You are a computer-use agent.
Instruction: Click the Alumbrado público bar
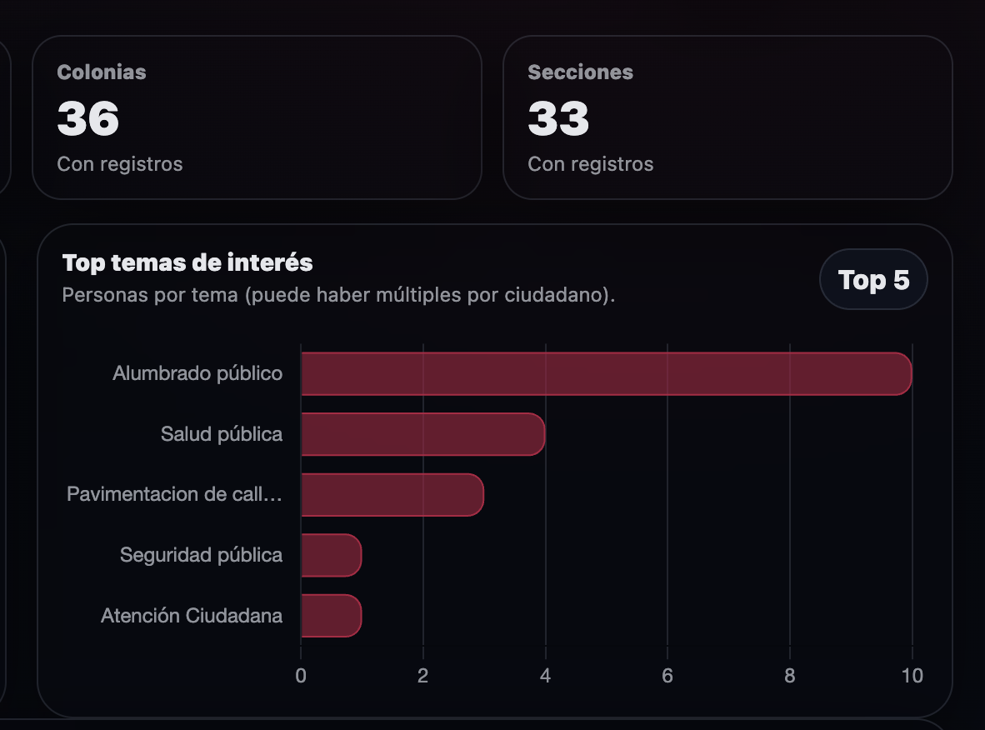(x=606, y=373)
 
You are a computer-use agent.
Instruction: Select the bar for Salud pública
(x=422, y=434)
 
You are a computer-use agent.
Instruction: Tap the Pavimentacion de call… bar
(x=392, y=495)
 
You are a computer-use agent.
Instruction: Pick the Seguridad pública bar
(x=331, y=555)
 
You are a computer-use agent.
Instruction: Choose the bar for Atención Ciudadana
(x=331, y=616)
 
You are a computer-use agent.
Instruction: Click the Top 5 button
(x=873, y=280)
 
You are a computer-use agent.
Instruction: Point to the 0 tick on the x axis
(x=301, y=675)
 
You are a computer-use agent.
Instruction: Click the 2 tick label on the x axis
(x=423, y=675)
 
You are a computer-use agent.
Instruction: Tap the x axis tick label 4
(x=545, y=675)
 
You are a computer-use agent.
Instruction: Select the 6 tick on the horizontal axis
(x=667, y=675)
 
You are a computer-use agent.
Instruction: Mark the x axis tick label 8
(x=790, y=675)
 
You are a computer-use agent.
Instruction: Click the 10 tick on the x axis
(x=912, y=675)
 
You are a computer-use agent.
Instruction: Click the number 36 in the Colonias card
(x=88, y=118)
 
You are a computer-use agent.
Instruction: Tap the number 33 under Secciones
(x=558, y=118)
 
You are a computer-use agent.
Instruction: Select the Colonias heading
(x=102, y=72)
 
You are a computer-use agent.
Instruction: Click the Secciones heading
(x=580, y=72)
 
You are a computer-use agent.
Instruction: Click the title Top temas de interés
(x=187, y=263)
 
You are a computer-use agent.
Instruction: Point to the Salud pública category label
(x=222, y=434)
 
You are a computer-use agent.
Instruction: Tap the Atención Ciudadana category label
(x=192, y=616)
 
